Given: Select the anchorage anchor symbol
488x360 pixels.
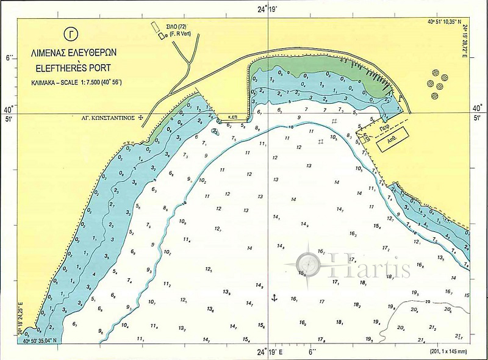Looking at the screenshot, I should [274, 297].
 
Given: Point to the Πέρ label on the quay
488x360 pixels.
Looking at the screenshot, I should [384, 129].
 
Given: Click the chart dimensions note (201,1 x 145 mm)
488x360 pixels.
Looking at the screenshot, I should [448, 352].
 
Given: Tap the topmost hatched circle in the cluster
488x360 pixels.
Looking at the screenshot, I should [435, 71].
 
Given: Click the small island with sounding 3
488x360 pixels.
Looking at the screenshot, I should [215, 131].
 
